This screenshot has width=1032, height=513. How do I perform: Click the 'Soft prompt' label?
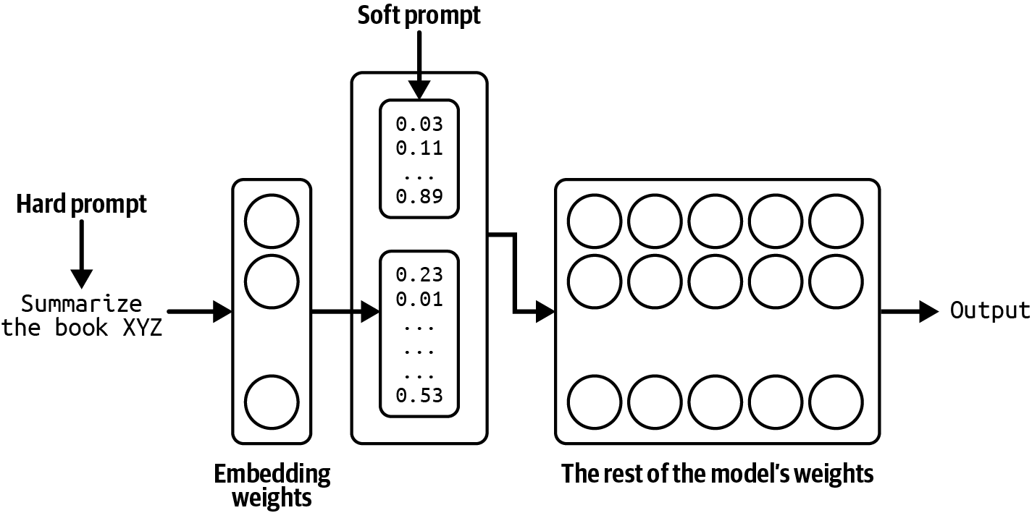pos(419,15)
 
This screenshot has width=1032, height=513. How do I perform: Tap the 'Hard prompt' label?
pos(82,205)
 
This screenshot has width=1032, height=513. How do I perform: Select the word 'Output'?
pos(990,311)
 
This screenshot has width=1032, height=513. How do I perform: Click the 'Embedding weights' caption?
pos(272,486)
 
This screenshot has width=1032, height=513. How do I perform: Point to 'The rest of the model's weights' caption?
pos(718,474)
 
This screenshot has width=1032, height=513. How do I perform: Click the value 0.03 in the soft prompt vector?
pos(419,124)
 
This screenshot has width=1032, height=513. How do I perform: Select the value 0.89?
pos(419,196)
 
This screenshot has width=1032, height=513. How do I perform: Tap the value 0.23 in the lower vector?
pos(419,275)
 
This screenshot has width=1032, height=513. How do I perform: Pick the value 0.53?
pos(419,395)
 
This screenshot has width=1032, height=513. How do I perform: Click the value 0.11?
pos(419,148)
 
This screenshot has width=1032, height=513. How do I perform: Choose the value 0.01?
pos(419,299)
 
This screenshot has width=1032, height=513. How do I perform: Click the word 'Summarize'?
pos(82,302)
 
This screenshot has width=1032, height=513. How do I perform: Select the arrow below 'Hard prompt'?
pos(82,253)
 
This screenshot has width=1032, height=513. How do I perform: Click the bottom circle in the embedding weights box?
pos(272,402)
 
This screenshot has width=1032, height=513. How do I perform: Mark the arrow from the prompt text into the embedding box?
pos(203,312)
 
